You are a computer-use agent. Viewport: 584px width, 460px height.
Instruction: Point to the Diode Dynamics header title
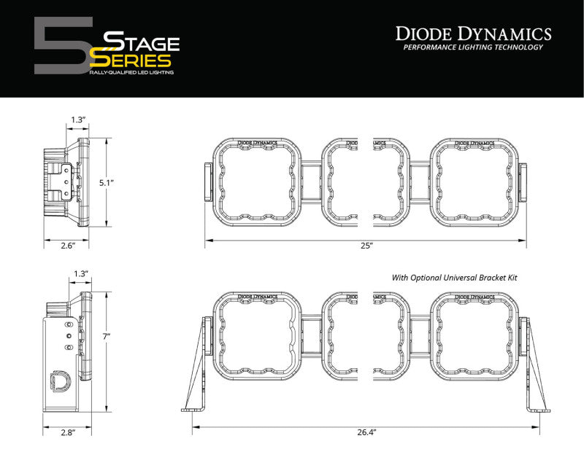pyautogui.click(x=473, y=33)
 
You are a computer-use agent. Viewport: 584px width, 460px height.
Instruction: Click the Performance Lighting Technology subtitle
pyautogui.click(x=473, y=47)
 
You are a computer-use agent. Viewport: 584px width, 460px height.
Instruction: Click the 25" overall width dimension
pyautogui.click(x=366, y=246)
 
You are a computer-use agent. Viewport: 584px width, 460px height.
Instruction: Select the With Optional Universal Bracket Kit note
pyautogui.click(x=448, y=278)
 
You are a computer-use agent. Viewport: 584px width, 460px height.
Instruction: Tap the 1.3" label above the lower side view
pyautogui.click(x=80, y=273)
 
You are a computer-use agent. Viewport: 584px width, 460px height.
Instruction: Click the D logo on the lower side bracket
pyautogui.click(x=57, y=381)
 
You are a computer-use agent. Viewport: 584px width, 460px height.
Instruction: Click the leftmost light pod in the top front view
pyautogui.click(x=258, y=181)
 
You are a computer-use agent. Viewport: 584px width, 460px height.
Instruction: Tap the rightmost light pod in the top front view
pyautogui.click(x=474, y=181)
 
